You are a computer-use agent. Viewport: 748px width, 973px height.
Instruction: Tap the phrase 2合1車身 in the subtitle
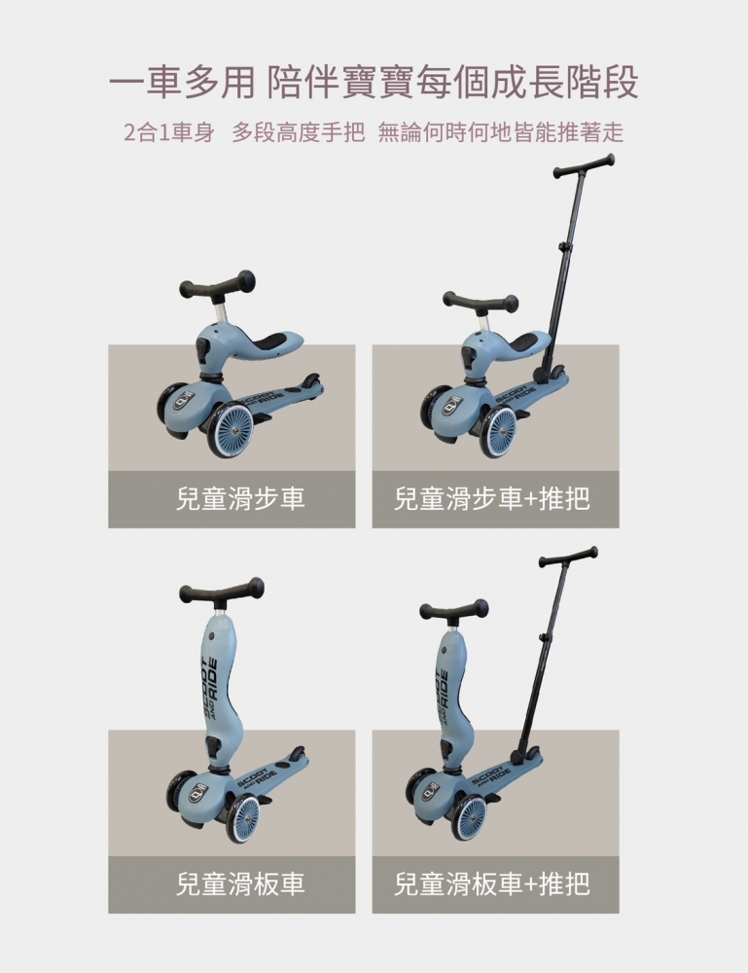click(x=168, y=133)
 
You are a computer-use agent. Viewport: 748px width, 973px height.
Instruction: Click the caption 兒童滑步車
click(x=232, y=500)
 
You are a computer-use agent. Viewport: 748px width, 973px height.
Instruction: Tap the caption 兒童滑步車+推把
click(x=494, y=500)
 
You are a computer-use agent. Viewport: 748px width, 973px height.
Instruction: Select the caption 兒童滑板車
click(x=232, y=884)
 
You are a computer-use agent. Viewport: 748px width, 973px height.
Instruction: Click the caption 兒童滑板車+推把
click(x=494, y=884)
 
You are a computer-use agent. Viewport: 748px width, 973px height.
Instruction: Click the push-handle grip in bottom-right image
click(x=568, y=558)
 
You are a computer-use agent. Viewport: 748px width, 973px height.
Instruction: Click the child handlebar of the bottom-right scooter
click(x=453, y=610)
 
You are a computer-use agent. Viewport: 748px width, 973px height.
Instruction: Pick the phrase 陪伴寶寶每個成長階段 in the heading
click(x=452, y=83)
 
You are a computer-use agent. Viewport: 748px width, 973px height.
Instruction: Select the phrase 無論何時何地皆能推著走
click(x=500, y=133)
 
